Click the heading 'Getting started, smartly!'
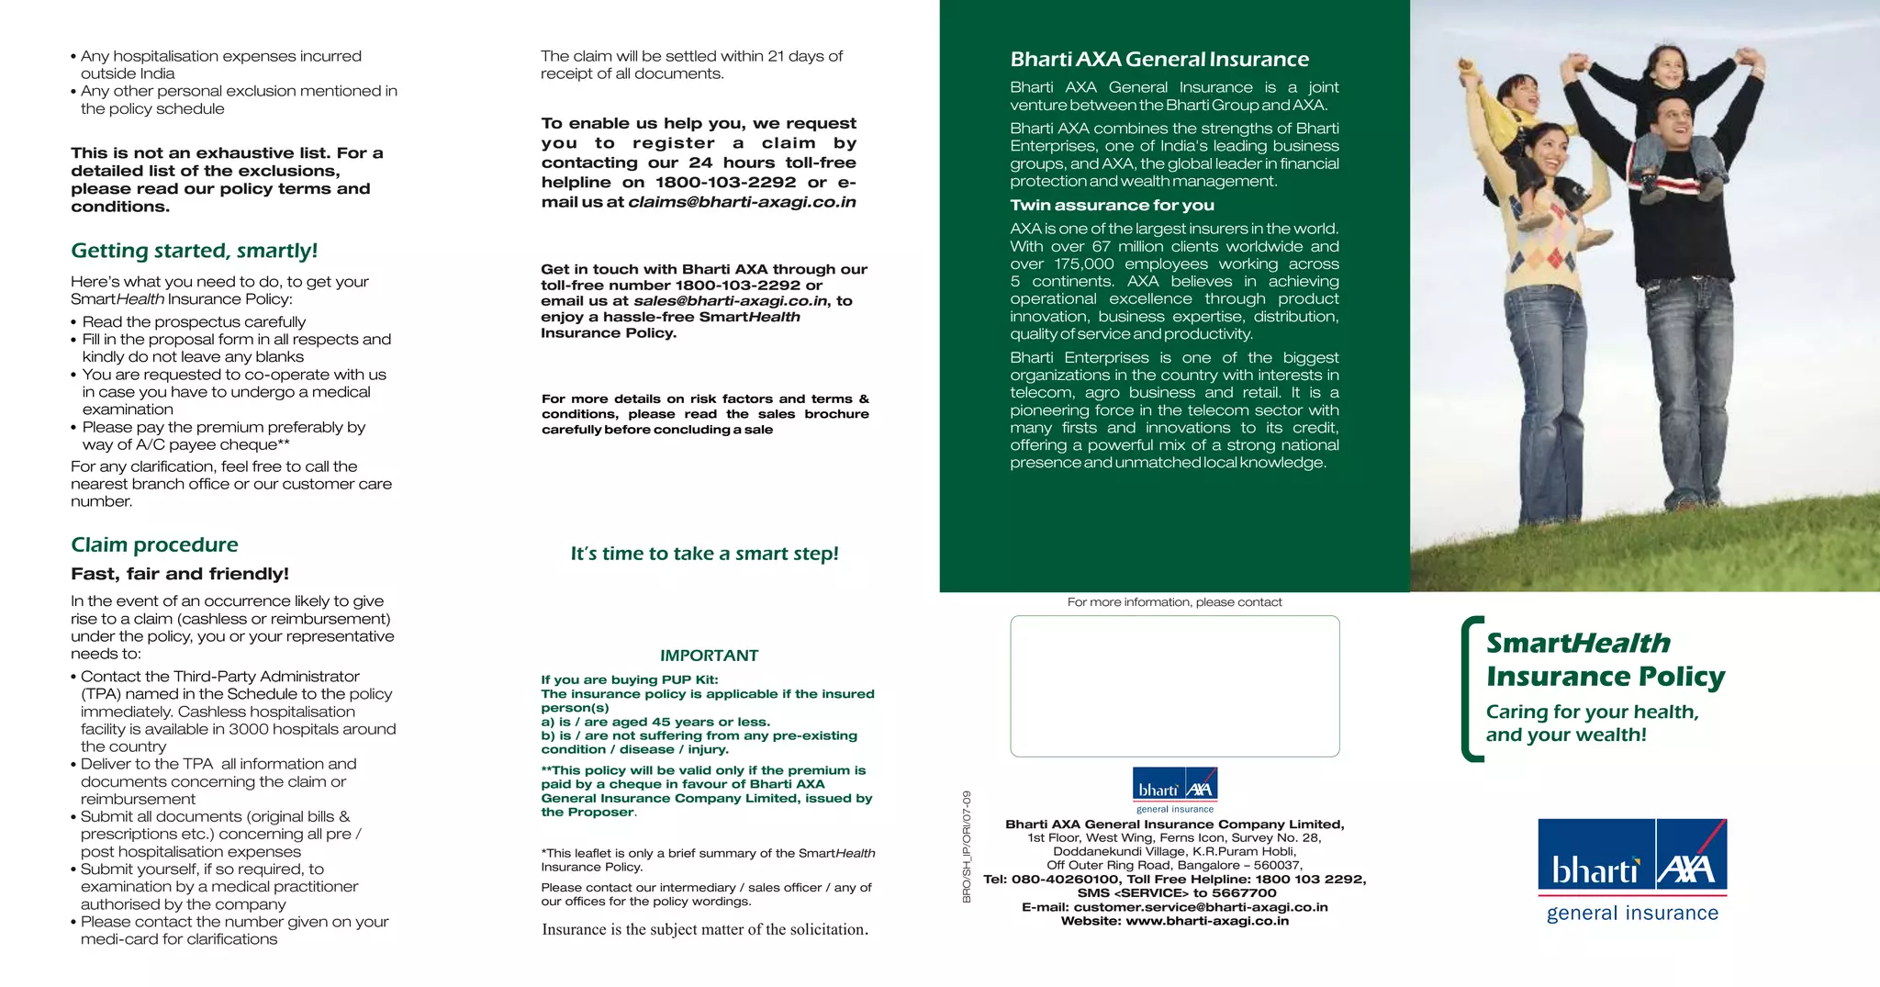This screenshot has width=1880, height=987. tap(194, 251)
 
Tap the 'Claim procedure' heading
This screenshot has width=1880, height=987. tap(154, 544)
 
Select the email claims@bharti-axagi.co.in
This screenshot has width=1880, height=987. tap(742, 202)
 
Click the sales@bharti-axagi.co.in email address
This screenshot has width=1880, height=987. tap(730, 301)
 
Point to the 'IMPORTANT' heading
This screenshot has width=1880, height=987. tap(709, 656)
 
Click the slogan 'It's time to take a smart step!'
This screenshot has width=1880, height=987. tap(704, 554)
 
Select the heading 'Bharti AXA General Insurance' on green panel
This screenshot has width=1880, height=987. tap(1159, 60)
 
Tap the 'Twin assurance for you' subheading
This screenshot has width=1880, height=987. tap(1112, 206)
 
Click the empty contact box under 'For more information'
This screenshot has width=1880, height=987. tap(1174, 686)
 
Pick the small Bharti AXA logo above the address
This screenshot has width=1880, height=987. tap(1175, 790)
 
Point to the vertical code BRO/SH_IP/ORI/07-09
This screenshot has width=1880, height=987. tap(967, 846)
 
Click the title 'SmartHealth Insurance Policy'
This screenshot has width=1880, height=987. tap(1605, 659)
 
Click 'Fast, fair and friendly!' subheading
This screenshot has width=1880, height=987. tap(180, 574)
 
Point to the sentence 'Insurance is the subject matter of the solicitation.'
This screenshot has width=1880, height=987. tap(704, 929)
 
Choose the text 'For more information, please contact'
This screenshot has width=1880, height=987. tap(1174, 602)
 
